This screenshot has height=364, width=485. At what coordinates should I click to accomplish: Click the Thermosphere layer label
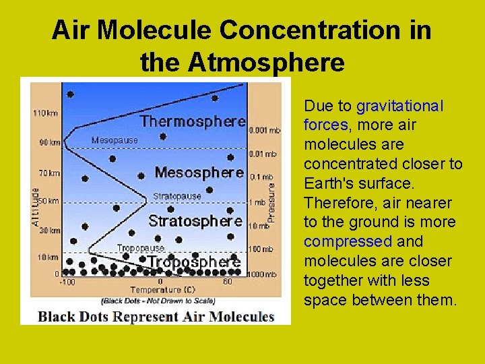(x=192, y=122)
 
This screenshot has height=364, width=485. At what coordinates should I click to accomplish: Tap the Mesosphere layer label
(x=199, y=173)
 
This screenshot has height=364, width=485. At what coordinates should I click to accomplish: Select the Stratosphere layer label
(x=195, y=221)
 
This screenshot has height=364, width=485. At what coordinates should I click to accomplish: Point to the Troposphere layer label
(x=194, y=262)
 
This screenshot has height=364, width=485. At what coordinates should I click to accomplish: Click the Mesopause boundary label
(x=115, y=141)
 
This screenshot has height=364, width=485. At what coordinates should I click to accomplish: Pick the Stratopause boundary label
(x=176, y=197)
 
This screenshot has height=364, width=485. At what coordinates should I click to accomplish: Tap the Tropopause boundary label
(x=141, y=248)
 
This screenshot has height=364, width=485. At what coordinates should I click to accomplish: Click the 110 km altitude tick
(x=45, y=113)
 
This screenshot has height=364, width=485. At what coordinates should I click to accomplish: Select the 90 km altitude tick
(x=48, y=142)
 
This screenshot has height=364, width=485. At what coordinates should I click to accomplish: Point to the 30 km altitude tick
(x=48, y=231)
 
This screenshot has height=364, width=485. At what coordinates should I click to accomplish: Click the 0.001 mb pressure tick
(x=265, y=130)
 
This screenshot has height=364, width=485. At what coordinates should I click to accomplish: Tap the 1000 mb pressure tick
(x=264, y=275)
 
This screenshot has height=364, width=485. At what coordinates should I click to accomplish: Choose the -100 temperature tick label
(x=67, y=282)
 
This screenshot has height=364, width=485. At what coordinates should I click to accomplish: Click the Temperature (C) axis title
(x=160, y=291)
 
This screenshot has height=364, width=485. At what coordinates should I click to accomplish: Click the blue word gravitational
(x=400, y=107)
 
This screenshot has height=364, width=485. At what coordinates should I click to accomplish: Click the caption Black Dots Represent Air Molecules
(x=156, y=316)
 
